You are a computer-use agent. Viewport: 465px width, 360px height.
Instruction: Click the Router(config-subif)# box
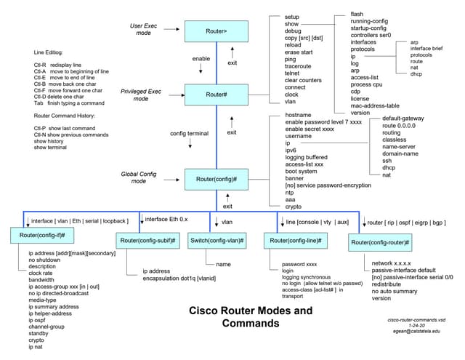tap(146, 240)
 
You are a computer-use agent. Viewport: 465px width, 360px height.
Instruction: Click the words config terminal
tap(189, 134)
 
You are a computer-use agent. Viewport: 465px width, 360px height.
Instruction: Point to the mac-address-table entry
tap(376, 106)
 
